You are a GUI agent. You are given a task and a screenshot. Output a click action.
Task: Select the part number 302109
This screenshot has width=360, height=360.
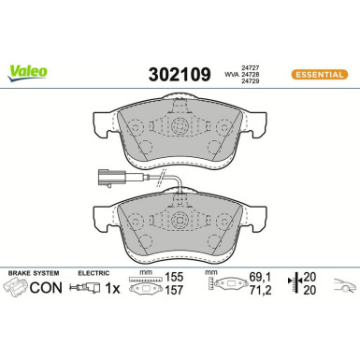pyautogui.click(x=179, y=71)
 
